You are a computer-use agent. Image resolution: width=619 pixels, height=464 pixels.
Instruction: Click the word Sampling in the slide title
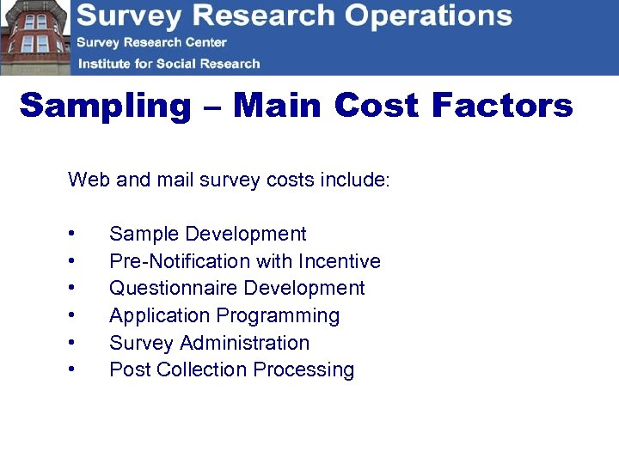pyautogui.click(x=106, y=107)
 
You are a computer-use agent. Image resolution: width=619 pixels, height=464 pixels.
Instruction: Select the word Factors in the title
pyautogui.click(x=502, y=106)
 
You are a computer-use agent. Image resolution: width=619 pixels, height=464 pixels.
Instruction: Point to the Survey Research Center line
pyautogui.click(x=151, y=42)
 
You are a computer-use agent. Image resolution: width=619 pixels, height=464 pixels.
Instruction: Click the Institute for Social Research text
pyautogui.click(x=169, y=64)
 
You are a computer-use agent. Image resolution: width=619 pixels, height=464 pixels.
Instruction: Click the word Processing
pyautogui.click(x=311, y=370)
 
